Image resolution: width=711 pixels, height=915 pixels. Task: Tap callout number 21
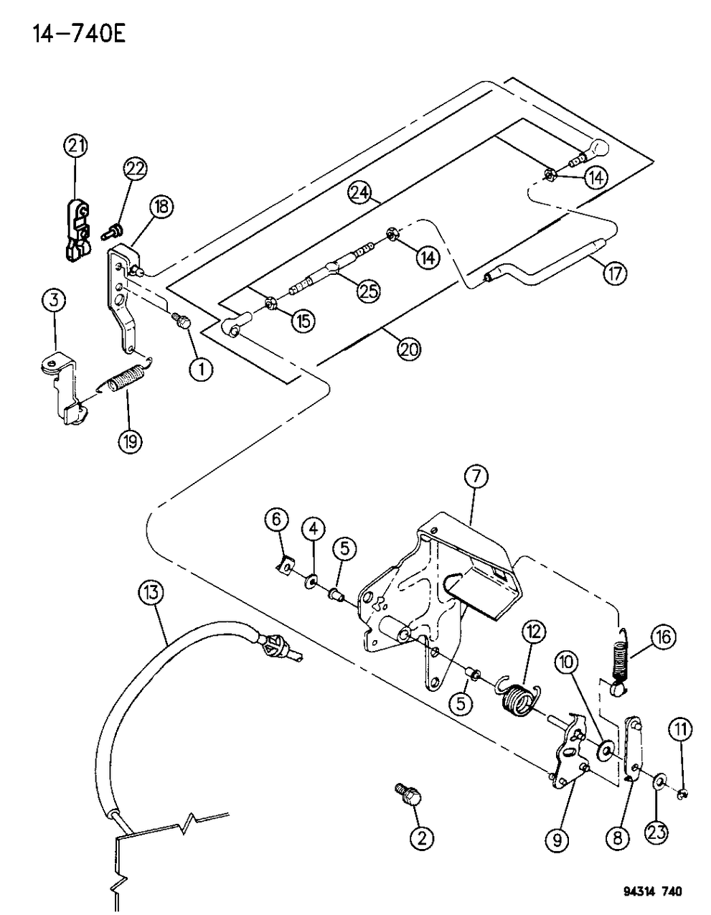pyautogui.click(x=75, y=147)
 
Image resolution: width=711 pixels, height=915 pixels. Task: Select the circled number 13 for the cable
pyautogui.click(x=152, y=593)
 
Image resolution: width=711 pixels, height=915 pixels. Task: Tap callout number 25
pyautogui.click(x=369, y=291)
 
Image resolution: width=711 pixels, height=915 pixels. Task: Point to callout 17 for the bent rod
pyautogui.click(x=615, y=273)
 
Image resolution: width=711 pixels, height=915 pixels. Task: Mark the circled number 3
pyautogui.click(x=54, y=301)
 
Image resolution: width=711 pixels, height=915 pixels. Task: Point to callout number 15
pyautogui.click(x=304, y=321)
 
